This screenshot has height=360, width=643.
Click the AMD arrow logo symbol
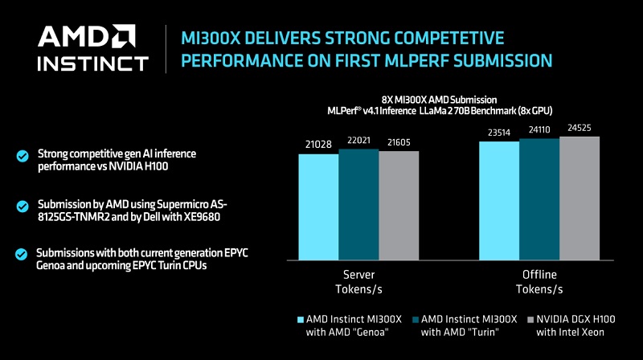pos(125,35)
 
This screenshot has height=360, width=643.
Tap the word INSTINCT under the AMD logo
pos(92,63)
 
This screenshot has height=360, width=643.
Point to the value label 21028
pos(318,145)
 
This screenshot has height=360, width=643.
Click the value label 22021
pos(358,141)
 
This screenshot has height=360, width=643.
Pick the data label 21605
pos(399,142)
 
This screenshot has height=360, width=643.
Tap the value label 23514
pos(499,133)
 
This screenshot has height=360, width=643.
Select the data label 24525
pos(580,128)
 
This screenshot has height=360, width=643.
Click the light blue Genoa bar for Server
pos(318,207)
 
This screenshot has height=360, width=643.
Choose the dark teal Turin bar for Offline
pos(539,199)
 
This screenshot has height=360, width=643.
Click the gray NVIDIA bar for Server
pos(399,206)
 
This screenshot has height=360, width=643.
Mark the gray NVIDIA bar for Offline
pos(580,198)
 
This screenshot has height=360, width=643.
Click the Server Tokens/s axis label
pos(358,282)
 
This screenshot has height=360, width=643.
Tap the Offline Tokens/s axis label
pos(539,282)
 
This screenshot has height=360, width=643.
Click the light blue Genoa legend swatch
pos(301,319)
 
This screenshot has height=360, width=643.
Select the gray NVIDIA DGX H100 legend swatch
pos(530,319)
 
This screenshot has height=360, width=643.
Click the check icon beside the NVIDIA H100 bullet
pos(23,156)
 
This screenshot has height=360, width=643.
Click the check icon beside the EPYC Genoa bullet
pos(22,254)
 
